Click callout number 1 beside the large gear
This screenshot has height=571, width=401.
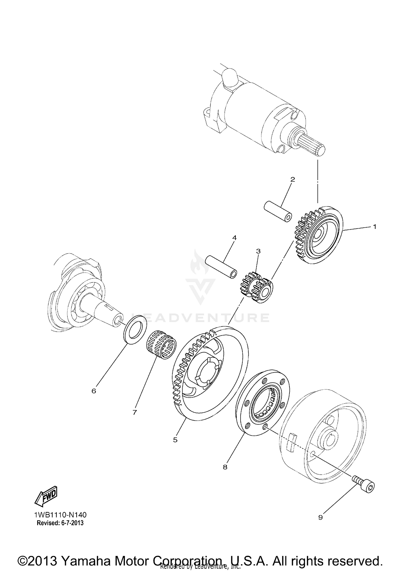(375, 227)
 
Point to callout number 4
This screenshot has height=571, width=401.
(234, 237)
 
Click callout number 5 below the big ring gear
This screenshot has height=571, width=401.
(175, 440)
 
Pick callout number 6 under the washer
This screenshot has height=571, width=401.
(94, 391)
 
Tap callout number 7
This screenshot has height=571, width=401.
(134, 413)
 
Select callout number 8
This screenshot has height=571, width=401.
(225, 467)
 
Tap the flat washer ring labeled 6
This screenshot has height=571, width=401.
(135, 329)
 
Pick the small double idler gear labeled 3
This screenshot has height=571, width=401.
(257, 288)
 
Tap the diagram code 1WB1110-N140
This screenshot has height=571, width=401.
(60, 515)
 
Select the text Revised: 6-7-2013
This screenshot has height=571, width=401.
(60, 523)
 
